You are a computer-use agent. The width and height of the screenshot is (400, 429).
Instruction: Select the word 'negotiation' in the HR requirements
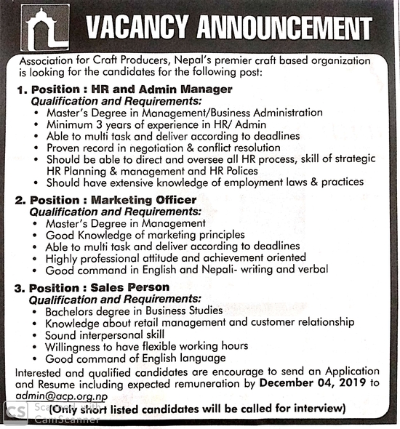169,148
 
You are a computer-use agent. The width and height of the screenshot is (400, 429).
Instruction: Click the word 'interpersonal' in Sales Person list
111,334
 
